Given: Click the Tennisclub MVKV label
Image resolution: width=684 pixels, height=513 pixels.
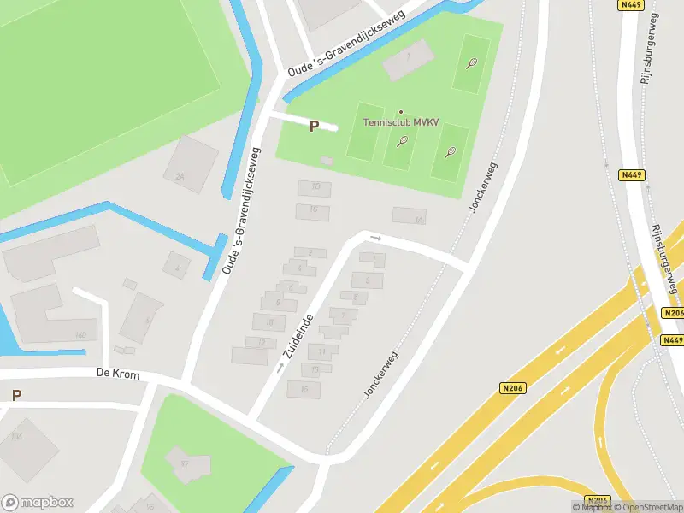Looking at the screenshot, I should [400, 122].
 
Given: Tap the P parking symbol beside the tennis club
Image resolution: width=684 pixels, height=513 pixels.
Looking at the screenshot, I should [314, 126].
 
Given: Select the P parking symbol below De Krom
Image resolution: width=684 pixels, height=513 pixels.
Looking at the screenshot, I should [16, 395].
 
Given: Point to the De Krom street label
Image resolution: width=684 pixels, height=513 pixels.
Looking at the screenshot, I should [117, 374].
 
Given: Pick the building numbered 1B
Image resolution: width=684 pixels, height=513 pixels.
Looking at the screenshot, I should [315, 187].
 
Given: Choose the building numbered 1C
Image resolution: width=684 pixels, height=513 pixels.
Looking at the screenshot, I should [313, 210].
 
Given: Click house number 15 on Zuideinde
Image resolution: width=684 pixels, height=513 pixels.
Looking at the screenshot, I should [304, 388].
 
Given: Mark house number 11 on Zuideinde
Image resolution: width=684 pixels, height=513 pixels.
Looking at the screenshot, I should [321, 351].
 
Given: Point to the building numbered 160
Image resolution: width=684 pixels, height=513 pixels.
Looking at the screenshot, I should [80, 333].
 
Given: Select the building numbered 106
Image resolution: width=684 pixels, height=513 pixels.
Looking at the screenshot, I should [16, 436].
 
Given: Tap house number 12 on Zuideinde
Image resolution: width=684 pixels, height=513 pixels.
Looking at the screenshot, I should [262, 342].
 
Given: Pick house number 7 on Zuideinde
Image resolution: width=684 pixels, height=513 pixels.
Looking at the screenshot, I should [343, 315].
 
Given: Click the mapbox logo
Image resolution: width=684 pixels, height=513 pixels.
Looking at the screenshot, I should [38, 503].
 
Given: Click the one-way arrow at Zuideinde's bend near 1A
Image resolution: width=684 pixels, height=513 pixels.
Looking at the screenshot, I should [374, 237].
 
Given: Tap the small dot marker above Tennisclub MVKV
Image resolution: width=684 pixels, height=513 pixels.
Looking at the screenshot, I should [400, 112].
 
